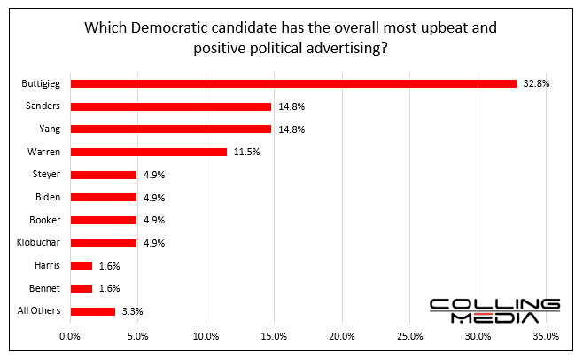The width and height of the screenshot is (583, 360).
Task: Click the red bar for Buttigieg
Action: tap(292, 83)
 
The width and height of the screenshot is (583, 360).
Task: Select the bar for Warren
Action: tap(148, 152)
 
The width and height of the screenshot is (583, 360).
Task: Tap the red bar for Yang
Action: tap(170, 129)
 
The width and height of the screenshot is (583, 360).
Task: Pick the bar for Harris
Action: tap(81, 265)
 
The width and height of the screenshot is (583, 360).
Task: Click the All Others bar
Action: tap(92, 311)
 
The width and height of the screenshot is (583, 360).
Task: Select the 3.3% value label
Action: tap(130, 311)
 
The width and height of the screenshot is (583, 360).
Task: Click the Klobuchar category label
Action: tap(41, 243)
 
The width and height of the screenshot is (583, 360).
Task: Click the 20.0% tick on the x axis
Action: tap(342, 337)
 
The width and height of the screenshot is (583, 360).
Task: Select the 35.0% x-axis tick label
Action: tap(546, 337)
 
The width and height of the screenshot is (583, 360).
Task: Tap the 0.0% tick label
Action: tap(70, 337)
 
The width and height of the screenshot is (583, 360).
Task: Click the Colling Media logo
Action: tap(494, 310)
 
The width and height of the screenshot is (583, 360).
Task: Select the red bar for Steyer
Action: tap(103, 175)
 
